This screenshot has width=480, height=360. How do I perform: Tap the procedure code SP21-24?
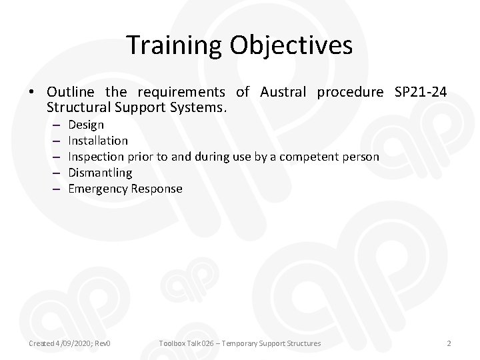click(x=421, y=91)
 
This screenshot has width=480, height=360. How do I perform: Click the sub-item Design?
click(x=86, y=125)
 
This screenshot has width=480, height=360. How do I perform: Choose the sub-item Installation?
click(x=98, y=141)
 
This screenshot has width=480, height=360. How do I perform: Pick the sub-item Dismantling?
click(x=100, y=173)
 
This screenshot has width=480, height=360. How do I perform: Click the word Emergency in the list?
click(x=98, y=189)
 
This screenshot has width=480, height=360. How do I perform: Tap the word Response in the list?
click(x=157, y=189)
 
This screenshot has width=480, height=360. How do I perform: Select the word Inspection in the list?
click(x=95, y=157)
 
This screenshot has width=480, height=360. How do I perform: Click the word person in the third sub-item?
click(x=361, y=157)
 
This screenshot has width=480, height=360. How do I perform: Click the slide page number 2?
click(x=449, y=343)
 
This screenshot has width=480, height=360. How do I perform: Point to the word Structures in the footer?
click(x=299, y=343)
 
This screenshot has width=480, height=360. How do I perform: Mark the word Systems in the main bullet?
click(x=201, y=106)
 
